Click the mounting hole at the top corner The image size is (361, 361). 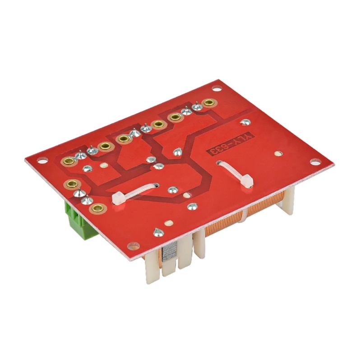(x=216, y=88)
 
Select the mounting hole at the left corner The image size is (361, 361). (x=41, y=159)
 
